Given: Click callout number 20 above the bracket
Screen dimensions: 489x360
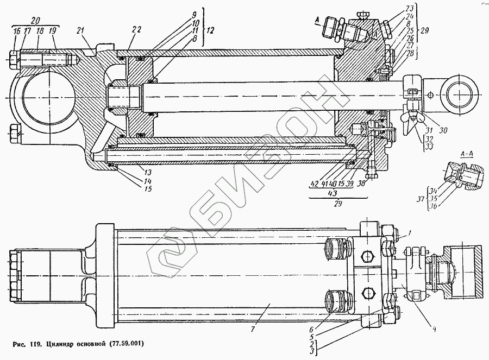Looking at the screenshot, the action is coord(36,20).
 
